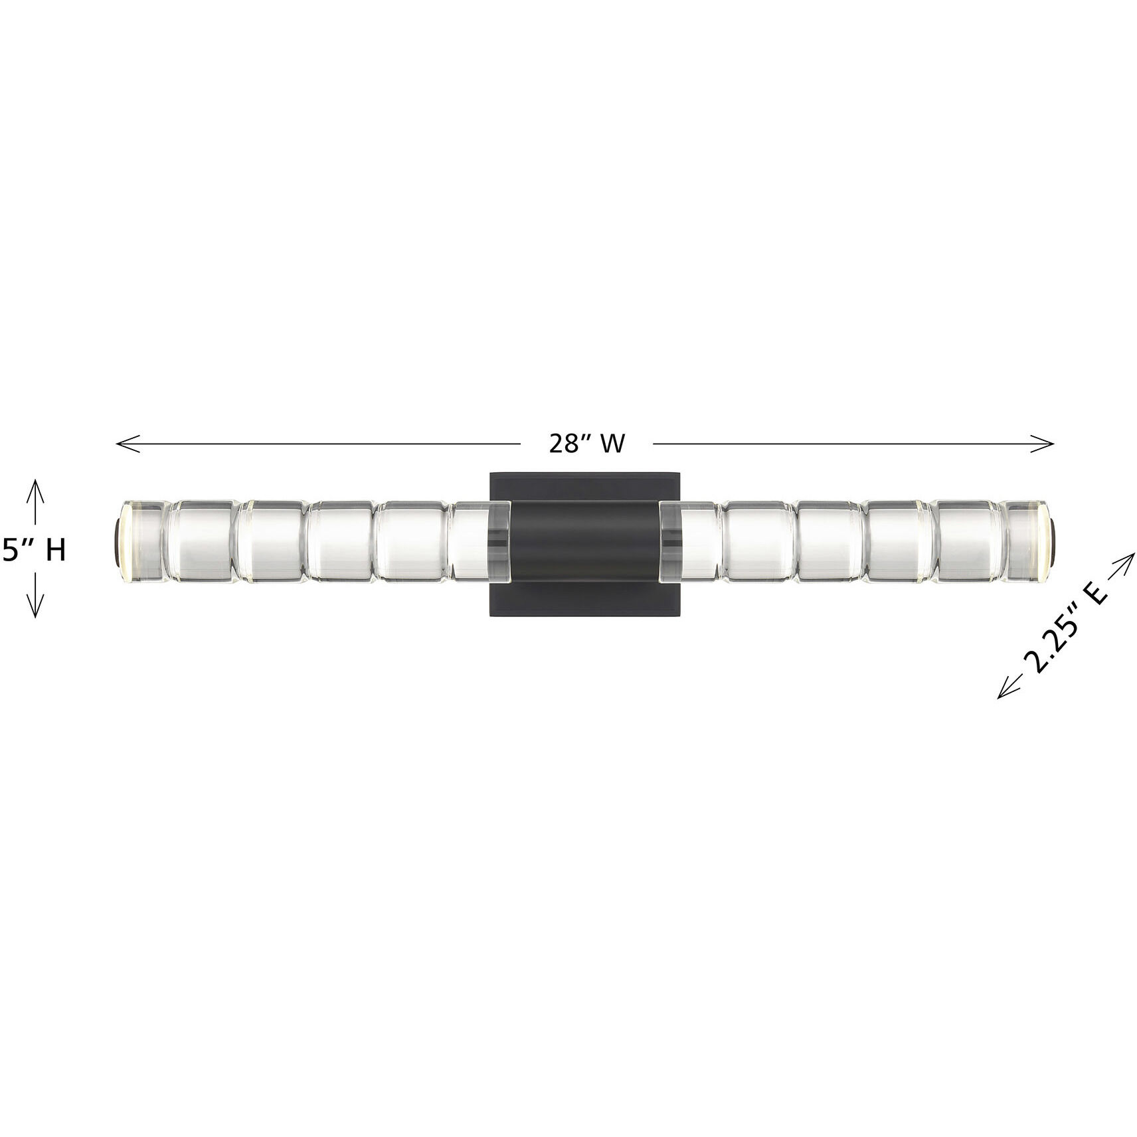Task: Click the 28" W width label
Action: pos(586,444)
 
